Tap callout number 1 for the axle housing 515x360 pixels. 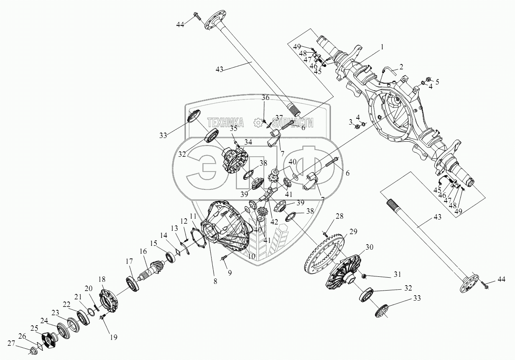pyautogui.click(x=382, y=47)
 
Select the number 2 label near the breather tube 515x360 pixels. pyautogui.click(x=401, y=66)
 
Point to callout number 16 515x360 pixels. pyautogui.click(x=143, y=252)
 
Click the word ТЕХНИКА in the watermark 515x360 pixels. pyautogui.click(x=225, y=122)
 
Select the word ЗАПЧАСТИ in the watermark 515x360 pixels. pyautogui.click(x=293, y=122)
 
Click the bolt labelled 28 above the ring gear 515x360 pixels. pyautogui.click(x=324, y=233)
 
